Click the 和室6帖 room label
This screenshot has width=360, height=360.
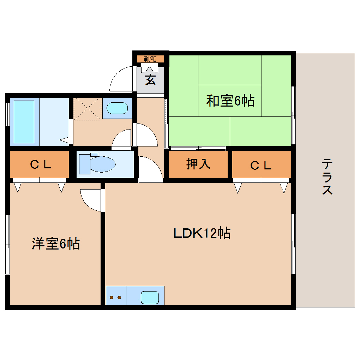(x=230, y=101)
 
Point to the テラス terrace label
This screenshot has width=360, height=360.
(x=327, y=177)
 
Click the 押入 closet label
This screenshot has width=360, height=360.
(x=198, y=164)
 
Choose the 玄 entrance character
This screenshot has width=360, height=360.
(x=150, y=80)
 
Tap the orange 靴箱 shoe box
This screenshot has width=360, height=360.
(x=150, y=59)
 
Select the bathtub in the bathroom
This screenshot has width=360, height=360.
(x=24, y=122)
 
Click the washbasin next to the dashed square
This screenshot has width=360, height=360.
(x=117, y=108)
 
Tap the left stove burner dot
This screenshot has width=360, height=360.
(x=112, y=298)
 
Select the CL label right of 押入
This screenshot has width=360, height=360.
(x=261, y=165)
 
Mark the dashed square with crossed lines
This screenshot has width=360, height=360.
(x=87, y=108)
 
